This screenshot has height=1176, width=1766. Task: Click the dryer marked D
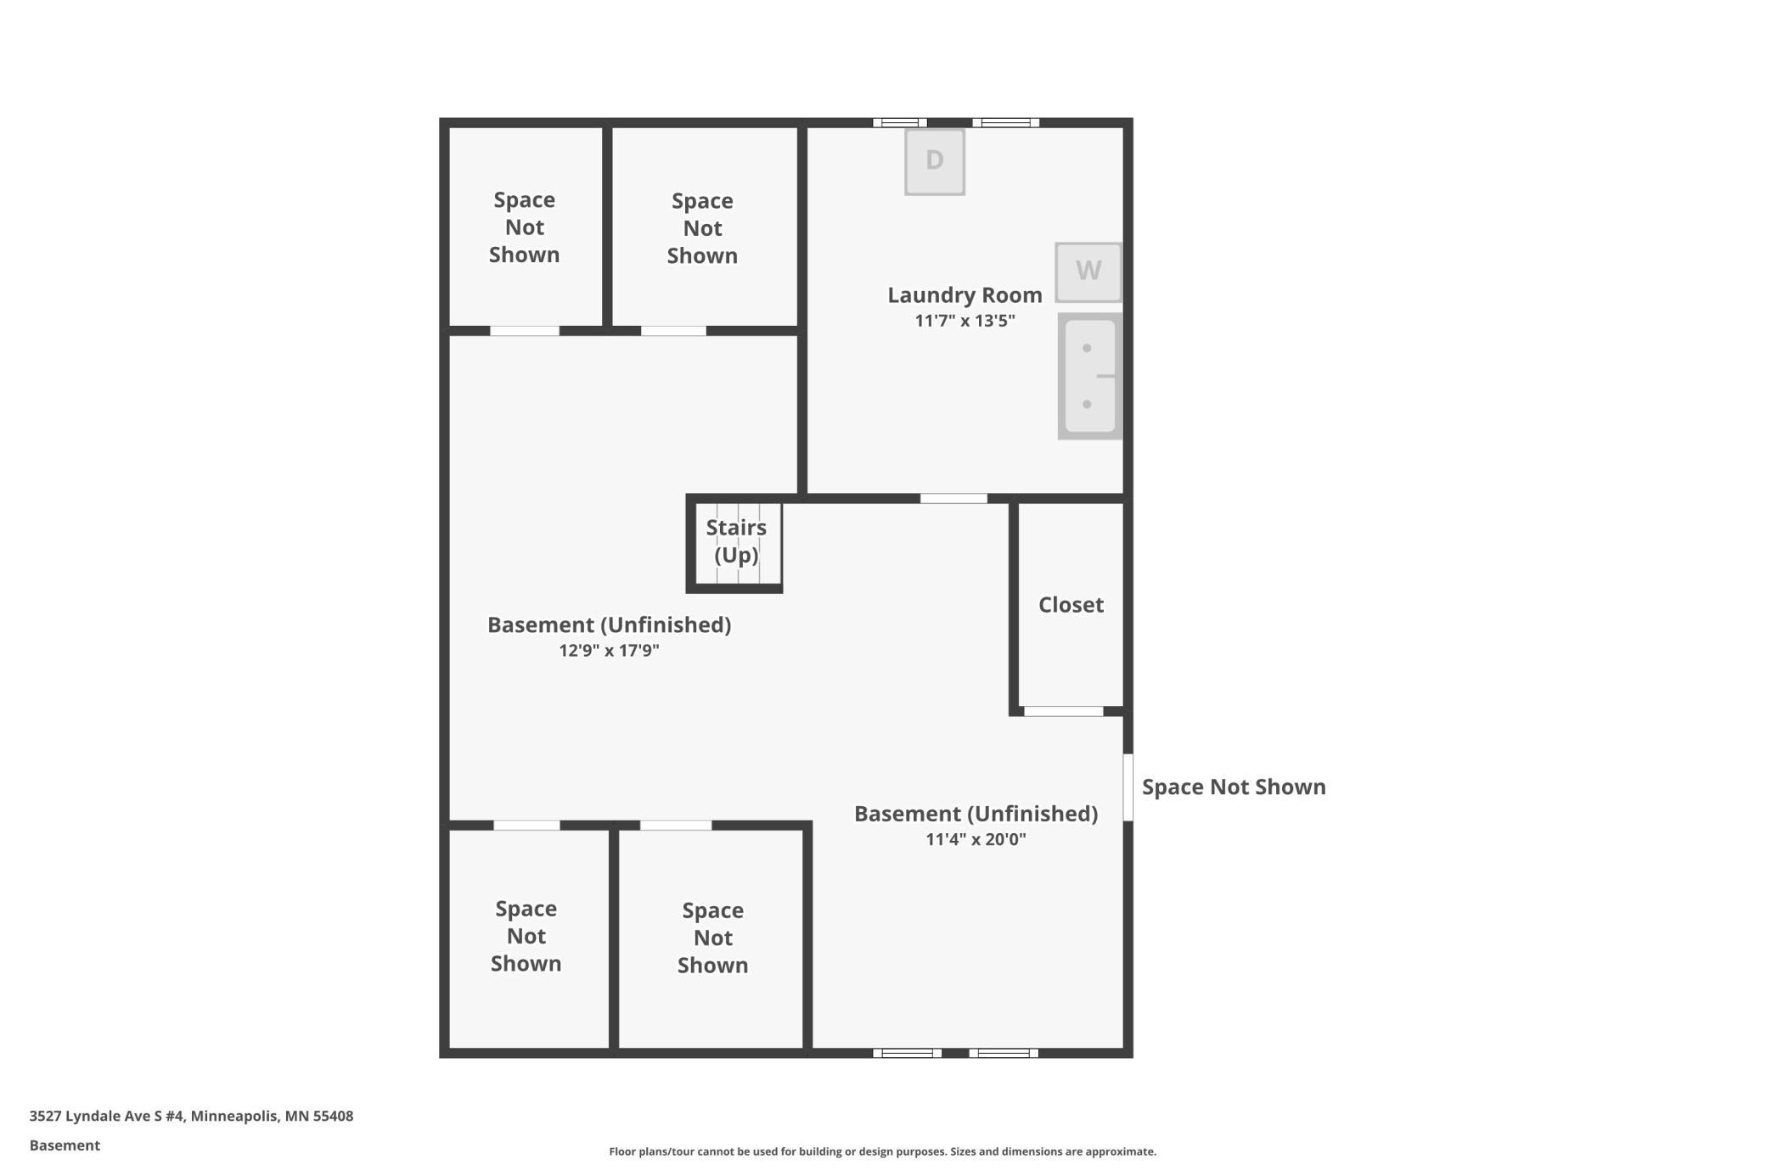[934, 161]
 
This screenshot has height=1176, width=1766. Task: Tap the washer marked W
[1088, 272]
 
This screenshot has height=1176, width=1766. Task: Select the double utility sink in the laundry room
[1090, 376]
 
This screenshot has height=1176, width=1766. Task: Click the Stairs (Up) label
[736, 541]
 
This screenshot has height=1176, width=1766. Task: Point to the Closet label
[1071, 605]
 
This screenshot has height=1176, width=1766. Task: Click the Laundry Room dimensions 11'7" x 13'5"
[965, 321]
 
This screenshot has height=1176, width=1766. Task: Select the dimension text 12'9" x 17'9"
[609, 651]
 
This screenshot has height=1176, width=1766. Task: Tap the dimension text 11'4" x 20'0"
[976, 839]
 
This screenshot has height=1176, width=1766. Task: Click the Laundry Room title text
[965, 295]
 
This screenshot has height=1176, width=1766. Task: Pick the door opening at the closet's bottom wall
[1063, 711]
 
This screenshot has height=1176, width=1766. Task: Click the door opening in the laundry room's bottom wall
[953, 499]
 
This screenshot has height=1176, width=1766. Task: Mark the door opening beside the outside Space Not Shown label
[1128, 787]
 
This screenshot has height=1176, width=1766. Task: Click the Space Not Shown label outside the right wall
[1234, 787]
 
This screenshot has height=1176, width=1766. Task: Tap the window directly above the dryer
[900, 123]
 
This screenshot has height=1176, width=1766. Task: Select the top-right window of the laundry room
[1006, 123]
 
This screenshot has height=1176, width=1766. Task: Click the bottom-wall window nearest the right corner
[1004, 1053]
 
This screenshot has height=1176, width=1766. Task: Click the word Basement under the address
[65, 1145]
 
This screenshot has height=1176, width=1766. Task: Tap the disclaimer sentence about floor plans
[882, 1151]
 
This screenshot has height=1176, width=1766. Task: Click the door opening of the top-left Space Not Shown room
[525, 331]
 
